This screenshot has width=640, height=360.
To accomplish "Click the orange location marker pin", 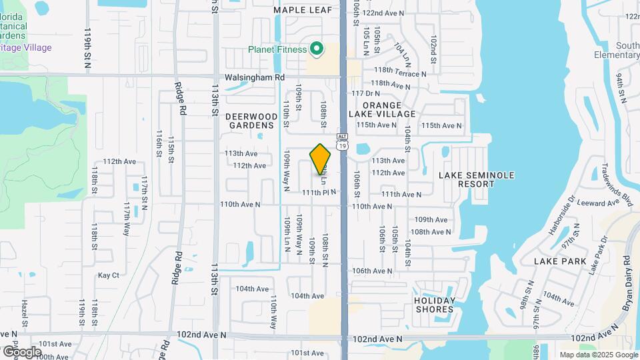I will [x=321, y=159].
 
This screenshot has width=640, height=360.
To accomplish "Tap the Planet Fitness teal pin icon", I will [x=317, y=49].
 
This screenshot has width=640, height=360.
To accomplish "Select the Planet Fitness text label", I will [x=277, y=49].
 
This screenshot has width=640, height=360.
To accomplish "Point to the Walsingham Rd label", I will [x=255, y=77].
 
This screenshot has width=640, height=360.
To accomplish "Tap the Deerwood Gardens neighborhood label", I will [x=251, y=120].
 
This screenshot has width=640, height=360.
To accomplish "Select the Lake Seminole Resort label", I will [x=477, y=179].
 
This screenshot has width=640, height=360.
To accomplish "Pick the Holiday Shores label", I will [x=434, y=305].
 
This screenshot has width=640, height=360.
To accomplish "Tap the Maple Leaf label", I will [x=303, y=10].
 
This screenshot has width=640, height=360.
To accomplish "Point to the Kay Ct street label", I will [x=108, y=275].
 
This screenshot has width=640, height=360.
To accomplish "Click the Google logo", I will [x=22, y=351].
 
